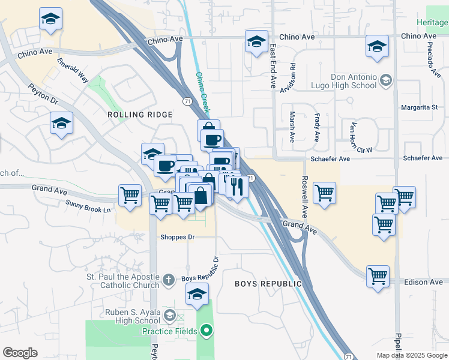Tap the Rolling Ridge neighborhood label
140,115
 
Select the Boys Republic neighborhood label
268,283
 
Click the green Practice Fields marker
207,331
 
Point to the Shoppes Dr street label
178,237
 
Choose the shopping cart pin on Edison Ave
378,277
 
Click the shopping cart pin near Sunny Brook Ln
130,196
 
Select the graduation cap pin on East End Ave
256,42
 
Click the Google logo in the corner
20,353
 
